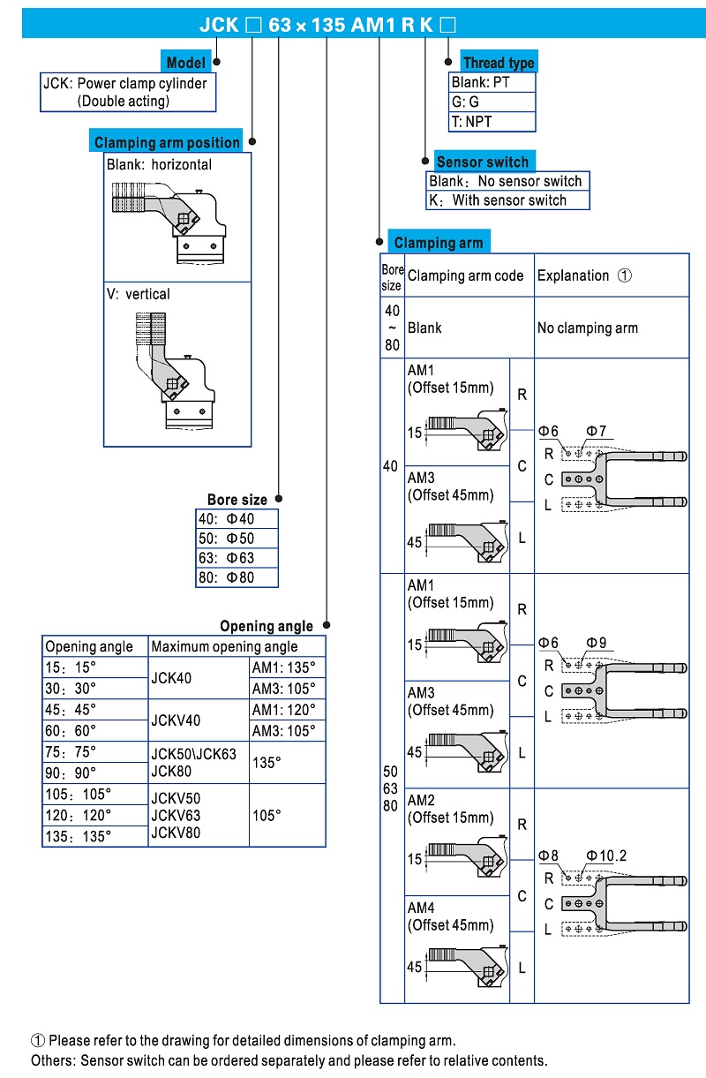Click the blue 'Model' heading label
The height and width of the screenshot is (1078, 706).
186,63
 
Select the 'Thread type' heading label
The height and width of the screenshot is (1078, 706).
499,63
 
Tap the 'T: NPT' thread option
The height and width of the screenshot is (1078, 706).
471,122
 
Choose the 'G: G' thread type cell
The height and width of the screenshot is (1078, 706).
465,102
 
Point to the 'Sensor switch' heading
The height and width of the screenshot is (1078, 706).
483,162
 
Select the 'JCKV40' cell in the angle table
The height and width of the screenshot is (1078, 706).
177,720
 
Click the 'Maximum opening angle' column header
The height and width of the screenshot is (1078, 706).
224,646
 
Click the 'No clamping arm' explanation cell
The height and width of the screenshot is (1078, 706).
588,328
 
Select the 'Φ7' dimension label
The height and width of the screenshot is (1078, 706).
597,432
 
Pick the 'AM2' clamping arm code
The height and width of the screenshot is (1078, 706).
422,800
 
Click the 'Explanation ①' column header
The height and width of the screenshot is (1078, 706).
584,275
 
